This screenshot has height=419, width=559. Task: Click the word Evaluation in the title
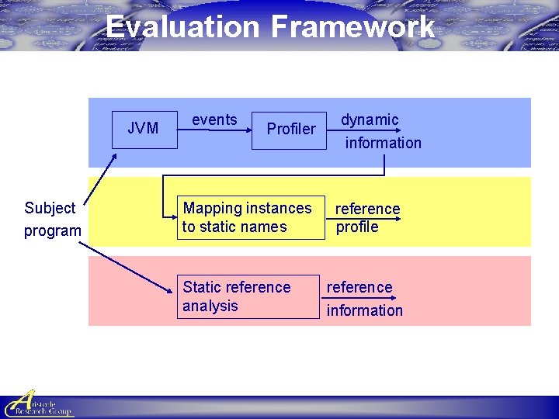[x=182, y=26]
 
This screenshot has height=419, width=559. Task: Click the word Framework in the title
[x=352, y=26]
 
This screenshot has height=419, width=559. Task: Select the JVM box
[x=144, y=128]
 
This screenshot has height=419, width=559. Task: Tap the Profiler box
[x=291, y=128]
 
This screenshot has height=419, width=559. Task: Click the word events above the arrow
[x=214, y=119]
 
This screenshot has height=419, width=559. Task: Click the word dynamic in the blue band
[x=370, y=119]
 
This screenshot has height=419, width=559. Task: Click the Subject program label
[x=52, y=219]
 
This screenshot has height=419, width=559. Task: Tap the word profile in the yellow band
[x=357, y=227]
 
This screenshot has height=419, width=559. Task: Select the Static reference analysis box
[x=247, y=296]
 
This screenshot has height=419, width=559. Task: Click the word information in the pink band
[x=365, y=310]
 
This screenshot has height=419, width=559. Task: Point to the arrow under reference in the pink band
[x=359, y=298]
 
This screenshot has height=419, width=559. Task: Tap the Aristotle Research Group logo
[x=38, y=404]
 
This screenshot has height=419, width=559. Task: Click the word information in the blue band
[x=384, y=143]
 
